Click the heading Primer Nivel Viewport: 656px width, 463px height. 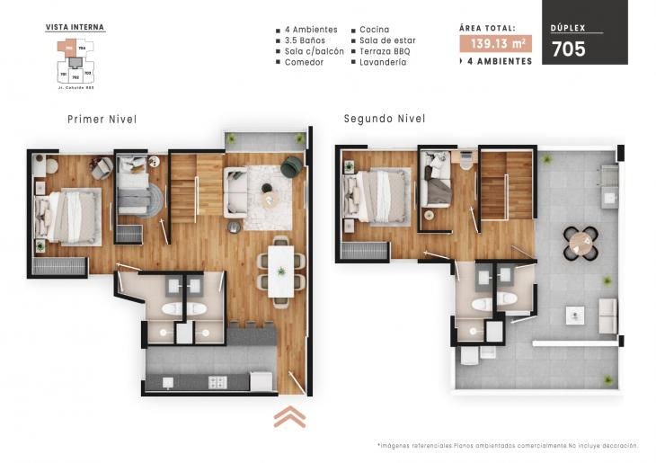point(102,119)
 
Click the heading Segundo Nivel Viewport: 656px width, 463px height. point(384,119)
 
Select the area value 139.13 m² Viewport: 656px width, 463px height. point(495,43)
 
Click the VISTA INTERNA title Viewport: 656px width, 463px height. point(75,28)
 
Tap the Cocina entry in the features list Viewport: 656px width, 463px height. point(374,30)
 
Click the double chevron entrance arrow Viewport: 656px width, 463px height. point(289,416)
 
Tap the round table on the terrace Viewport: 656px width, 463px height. point(580,240)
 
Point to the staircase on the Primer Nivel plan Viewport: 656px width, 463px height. point(183,189)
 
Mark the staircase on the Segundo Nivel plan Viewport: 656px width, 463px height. point(507,185)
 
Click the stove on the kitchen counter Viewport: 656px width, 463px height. point(217,382)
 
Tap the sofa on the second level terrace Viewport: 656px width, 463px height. point(607,316)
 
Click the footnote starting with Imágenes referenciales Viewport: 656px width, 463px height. point(508,446)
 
